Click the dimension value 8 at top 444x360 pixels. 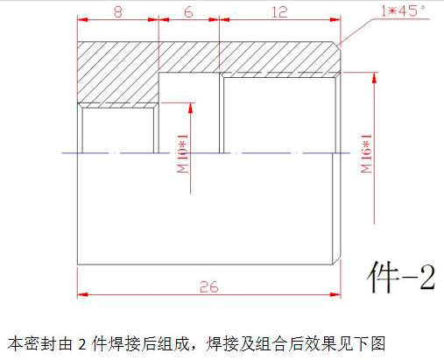click(x=117, y=12)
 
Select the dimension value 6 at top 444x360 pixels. click(x=188, y=12)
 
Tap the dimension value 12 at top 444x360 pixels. click(x=279, y=12)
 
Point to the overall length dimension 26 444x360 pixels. click(x=209, y=287)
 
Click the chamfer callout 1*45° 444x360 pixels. click(x=403, y=11)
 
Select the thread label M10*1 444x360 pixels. click(x=183, y=153)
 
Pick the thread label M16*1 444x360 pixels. click(x=367, y=153)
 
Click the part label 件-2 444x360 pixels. click(x=401, y=277)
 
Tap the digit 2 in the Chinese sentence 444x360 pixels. click(x=82, y=344)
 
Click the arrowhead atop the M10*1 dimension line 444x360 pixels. click(x=191, y=108)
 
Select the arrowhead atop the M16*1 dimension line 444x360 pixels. click(x=375, y=77)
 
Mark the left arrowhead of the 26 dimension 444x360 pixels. click(x=82, y=295)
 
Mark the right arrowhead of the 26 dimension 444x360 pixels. click(x=335, y=295)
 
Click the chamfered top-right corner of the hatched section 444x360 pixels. click(x=337, y=46)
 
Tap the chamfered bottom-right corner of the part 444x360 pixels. click(x=337, y=261)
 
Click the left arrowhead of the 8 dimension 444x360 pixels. click(x=82, y=20)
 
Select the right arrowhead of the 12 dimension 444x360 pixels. click(x=335, y=20)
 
